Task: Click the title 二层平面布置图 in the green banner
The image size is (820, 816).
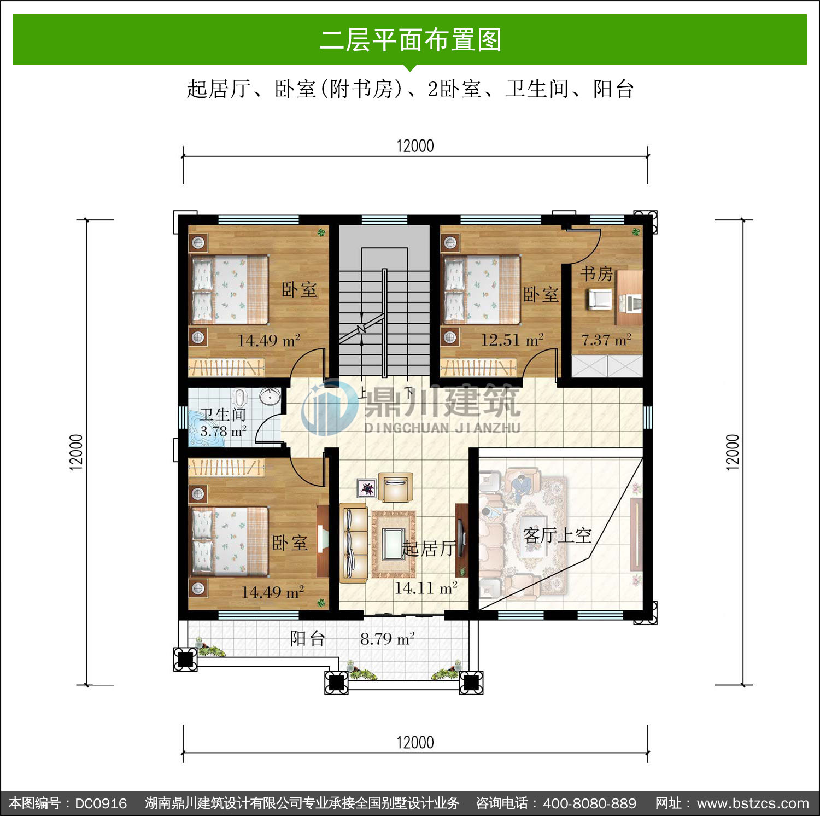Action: tap(410, 40)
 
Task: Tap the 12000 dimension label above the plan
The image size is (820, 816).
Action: tap(415, 146)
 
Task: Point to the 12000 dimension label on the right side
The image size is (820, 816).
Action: tap(733, 452)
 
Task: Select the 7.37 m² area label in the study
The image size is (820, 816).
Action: tap(606, 340)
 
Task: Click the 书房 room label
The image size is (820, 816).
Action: tap(596, 273)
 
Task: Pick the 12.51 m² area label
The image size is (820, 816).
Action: tap(512, 340)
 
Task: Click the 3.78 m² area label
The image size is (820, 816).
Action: tap(223, 431)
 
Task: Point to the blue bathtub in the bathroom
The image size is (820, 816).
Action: tap(204, 428)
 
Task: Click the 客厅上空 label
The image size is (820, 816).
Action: tap(557, 535)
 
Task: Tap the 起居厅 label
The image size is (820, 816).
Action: tap(429, 548)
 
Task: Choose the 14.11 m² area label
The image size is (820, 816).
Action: tap(426, 588)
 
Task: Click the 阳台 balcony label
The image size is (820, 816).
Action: tap(308, 638)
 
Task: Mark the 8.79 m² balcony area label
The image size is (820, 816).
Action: tap(388, 638)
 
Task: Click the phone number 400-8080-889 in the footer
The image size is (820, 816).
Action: tap(589, 803)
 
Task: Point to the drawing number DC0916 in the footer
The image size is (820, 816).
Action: tap(101, 803)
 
